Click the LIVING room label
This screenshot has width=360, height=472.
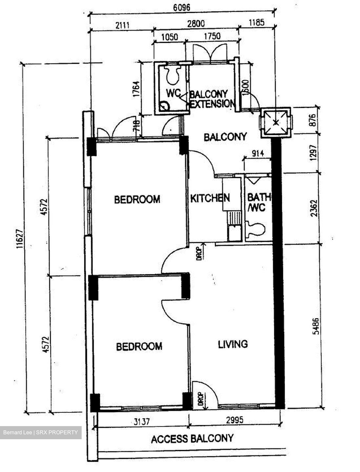[233, 344]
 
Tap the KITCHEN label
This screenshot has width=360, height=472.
[210, 198]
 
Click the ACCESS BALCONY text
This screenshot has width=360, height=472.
[192, 438]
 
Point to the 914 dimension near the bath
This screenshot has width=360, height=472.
[257, 153]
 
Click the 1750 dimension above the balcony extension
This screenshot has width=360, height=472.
[212, 36]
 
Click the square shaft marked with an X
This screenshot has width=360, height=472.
[276, 122]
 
